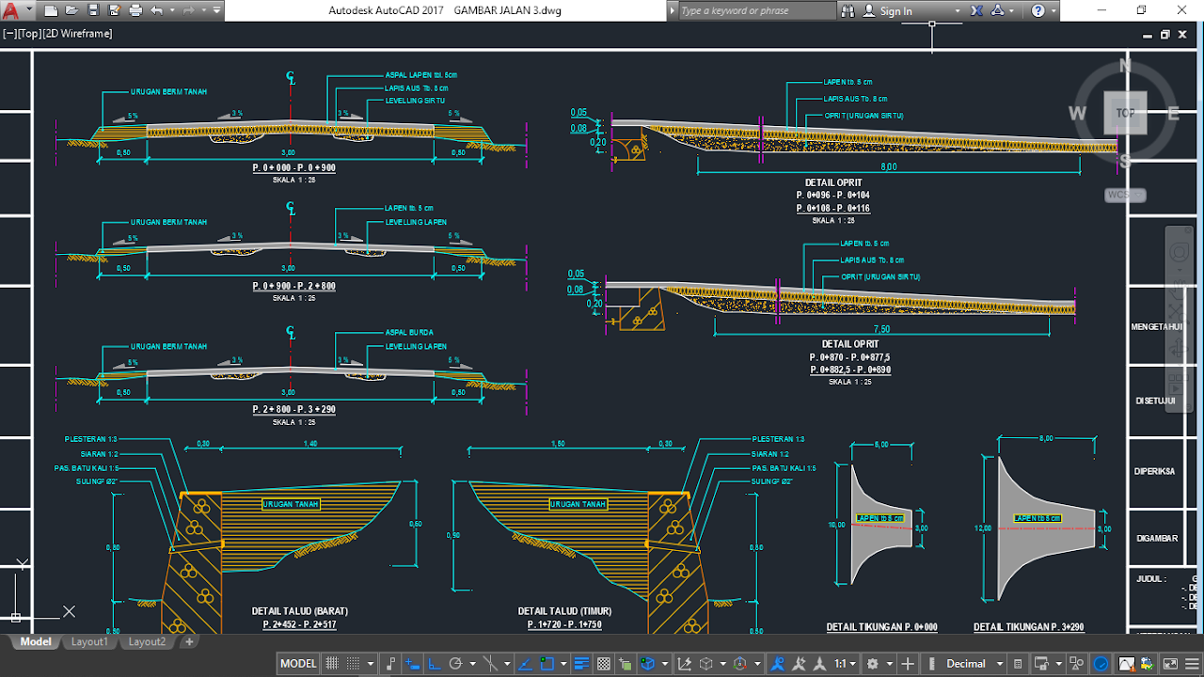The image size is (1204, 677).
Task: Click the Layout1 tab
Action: coord(89,642)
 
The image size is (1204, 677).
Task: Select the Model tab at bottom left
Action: coord(36,642)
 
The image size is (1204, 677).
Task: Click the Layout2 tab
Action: coord(147,642)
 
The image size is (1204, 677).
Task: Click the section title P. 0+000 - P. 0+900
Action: coord(293,167)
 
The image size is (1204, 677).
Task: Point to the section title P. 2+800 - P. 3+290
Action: coord(293,410)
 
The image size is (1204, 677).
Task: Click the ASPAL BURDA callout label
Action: coord(409,332)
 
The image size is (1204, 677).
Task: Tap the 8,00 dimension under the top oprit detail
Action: coord(888,167)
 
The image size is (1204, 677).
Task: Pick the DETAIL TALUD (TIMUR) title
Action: coord(564,611)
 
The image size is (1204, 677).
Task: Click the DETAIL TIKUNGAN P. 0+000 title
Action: coord(881,627)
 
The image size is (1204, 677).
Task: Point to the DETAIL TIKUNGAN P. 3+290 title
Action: coord(1028,627)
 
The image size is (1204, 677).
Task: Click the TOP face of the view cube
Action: coord(1125,113)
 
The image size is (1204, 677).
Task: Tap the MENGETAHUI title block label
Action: coord(1156,327)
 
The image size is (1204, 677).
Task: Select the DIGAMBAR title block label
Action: coord(1156,539)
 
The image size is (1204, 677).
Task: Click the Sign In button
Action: coord(895,11)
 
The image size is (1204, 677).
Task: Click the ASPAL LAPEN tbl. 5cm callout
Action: coord(420,74)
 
